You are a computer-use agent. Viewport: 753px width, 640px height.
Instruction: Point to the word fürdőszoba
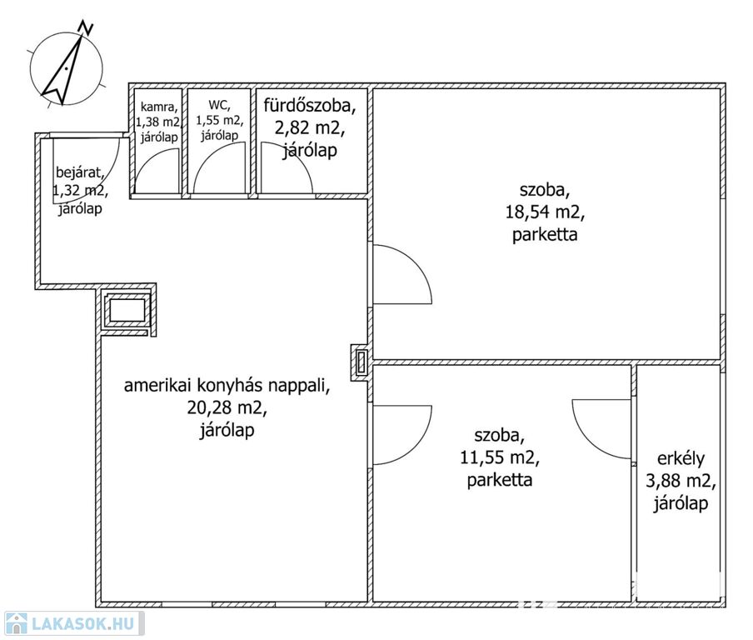(x=310, y=106)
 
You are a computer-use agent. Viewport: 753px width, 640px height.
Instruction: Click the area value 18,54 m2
(x=545, y=212)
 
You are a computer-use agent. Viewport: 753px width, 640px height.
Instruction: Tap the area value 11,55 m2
(x=500, y=457)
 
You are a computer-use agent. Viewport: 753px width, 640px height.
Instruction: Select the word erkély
(x=681, y=459)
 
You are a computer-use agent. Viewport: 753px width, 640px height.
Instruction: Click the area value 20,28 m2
(x=227, y=408)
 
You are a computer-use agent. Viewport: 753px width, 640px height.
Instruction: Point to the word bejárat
(x=80, y=172)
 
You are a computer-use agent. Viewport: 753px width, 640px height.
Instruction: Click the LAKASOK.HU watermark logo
(x=73, y=623)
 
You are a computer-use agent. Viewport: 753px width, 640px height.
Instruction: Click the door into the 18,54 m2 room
(x=402, y=274)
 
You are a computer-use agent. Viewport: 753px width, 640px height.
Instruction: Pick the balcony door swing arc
(x=601, y=428)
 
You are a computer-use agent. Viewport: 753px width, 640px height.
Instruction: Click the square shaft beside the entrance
(x=127, y=310)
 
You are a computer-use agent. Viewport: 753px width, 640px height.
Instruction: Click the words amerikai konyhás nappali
(x=227, y=386)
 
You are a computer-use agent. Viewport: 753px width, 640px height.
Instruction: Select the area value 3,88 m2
(x=681, y=481)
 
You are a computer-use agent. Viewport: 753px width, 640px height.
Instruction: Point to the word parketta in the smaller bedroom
(x=500, y=480)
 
